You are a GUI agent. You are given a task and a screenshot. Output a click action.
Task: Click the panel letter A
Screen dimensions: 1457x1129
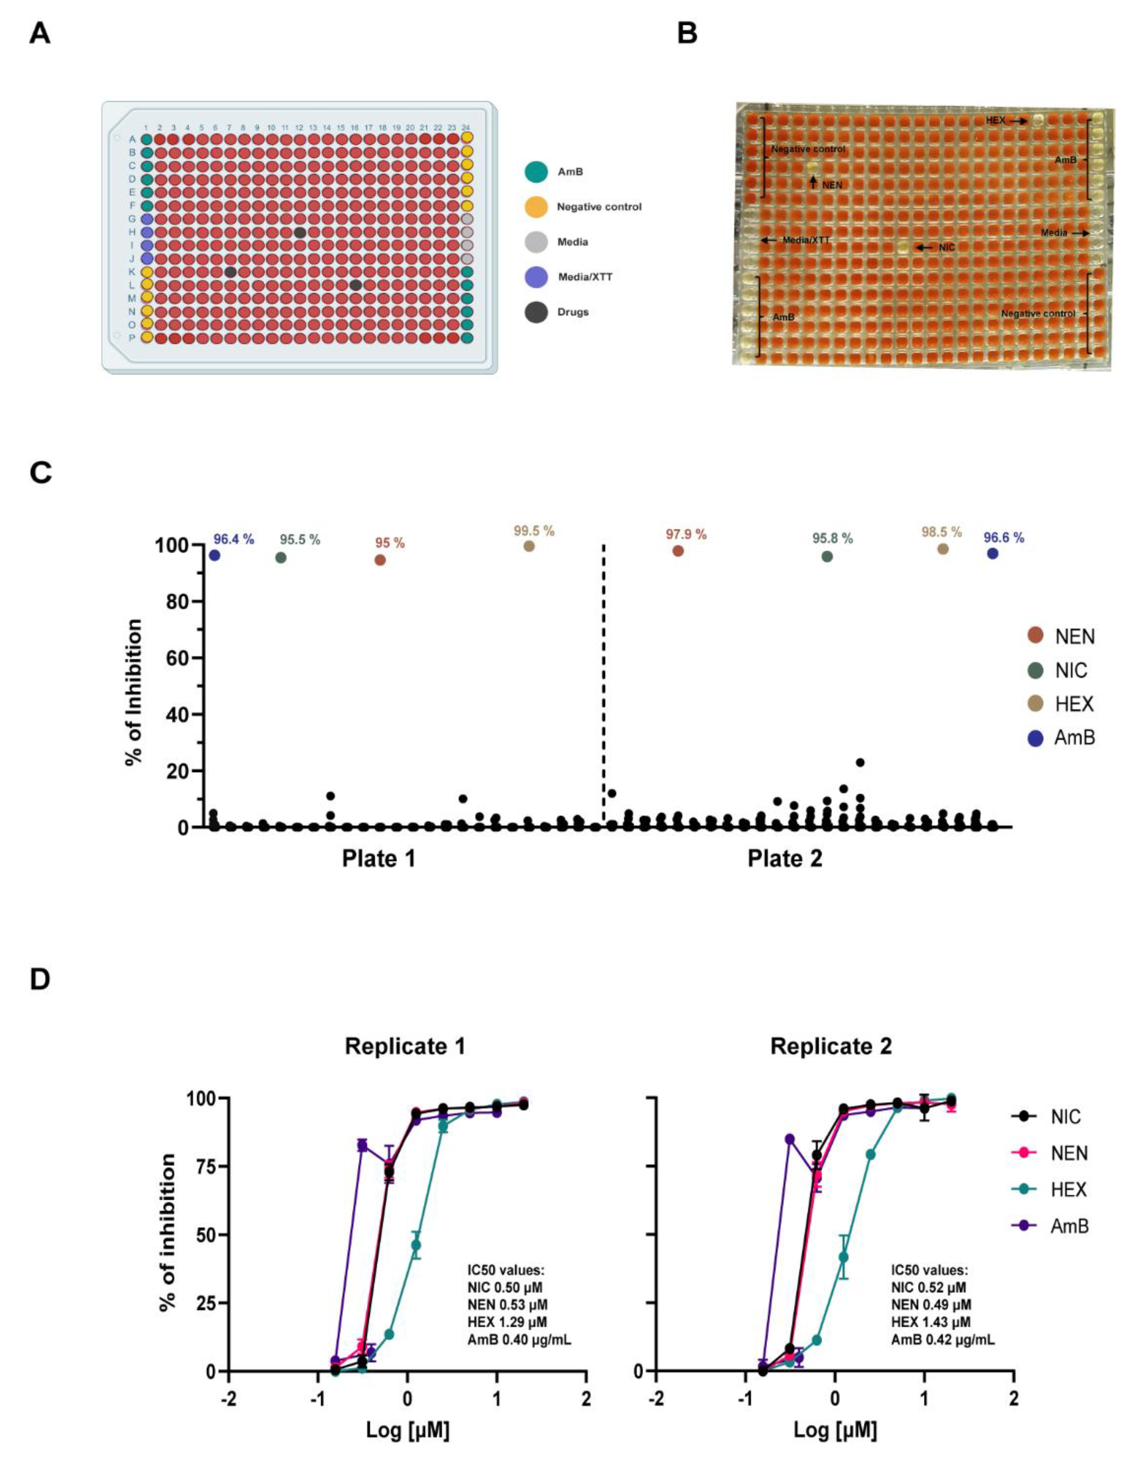(x=40, y=33)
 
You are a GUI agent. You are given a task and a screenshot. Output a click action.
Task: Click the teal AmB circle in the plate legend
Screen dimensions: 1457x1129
(x=536, y=172)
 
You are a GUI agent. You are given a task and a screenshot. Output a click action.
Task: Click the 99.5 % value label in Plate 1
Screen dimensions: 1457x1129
(x=534, y=531)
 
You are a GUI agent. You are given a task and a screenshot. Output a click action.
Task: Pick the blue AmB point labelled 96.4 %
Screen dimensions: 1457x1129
(x=214, y=556)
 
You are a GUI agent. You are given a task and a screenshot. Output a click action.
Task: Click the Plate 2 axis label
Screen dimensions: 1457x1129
(x=785, y=858)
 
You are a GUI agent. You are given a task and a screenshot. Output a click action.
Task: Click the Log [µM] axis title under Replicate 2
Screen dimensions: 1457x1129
(x=835, y=1430)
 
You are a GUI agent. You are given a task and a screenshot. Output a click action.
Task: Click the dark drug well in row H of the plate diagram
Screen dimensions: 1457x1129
(x=300, y=232)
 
